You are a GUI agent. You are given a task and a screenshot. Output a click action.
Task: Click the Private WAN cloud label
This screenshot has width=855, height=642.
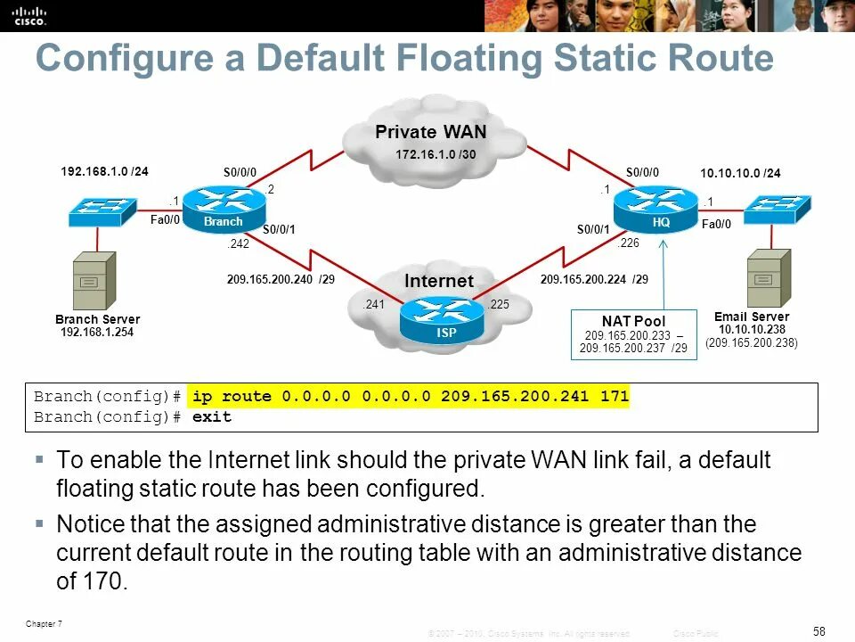click(430, 133)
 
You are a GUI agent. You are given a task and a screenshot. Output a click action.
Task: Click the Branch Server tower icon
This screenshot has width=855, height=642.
click(94, 279)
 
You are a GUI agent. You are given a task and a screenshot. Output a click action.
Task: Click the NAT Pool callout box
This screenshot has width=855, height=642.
click(633, 334)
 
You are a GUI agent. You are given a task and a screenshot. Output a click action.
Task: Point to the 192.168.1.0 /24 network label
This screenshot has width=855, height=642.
click(104, 170)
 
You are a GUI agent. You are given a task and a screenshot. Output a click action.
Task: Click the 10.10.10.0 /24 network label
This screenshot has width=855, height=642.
click(740, 173)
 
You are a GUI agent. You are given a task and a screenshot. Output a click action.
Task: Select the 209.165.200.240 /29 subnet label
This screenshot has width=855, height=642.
click(281, 279)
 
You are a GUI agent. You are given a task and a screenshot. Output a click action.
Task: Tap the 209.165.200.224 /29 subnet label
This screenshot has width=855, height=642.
click(594, 279)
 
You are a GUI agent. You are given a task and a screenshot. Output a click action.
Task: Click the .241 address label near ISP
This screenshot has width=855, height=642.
click(373, 305)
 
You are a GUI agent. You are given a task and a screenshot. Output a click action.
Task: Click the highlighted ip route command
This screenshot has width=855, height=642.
click(409, 396)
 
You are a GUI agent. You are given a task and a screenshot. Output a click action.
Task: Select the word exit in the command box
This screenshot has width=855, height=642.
click(211, 416)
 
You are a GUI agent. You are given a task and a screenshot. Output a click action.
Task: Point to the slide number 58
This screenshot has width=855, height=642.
click(819, 631)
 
